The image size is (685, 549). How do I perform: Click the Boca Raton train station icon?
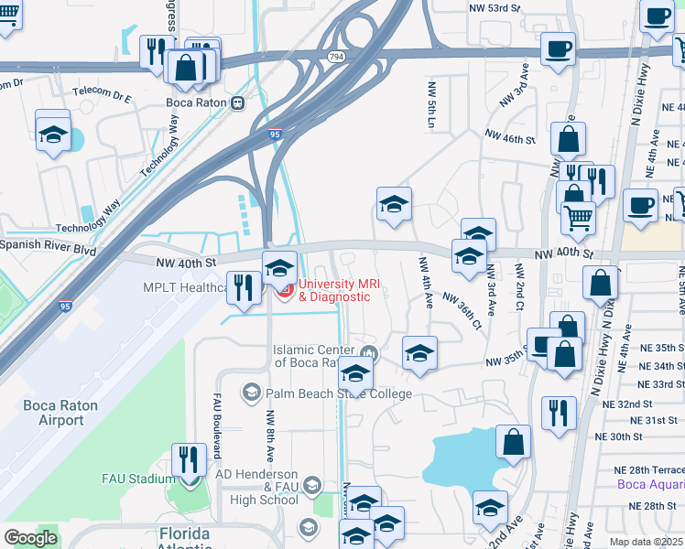[x=237, y=102]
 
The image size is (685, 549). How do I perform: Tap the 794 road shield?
[x=336, y=57]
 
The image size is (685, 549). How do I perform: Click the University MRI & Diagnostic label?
[x=340, y=290]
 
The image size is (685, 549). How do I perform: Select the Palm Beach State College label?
[x=339, y=393]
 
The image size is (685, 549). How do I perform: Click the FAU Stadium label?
[x=138, y=479]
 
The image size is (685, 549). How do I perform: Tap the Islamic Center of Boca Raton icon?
[x=369, y=353]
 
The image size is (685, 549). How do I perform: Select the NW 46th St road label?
[x=510, y=138]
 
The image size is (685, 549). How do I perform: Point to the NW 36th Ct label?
[x=462, y=310]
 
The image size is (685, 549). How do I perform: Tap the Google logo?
[x=30, y=538]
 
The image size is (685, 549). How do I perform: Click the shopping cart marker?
[x=579, y=218]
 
